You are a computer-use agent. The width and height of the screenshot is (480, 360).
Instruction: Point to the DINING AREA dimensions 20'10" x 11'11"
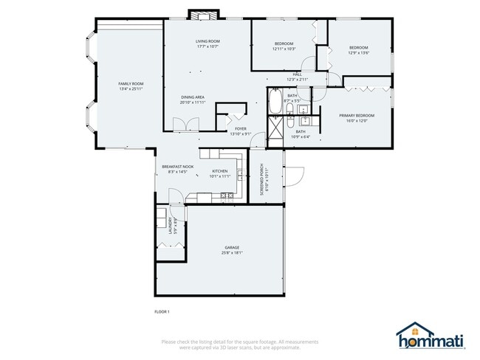[193, 103]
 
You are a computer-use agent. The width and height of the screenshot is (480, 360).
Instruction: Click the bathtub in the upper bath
[275, 104]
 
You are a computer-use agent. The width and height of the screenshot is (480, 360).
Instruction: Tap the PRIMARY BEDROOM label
[357, 116]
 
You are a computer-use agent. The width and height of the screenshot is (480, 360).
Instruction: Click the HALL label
[297, 75]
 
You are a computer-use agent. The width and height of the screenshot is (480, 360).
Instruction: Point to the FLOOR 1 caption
[162, 311]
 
